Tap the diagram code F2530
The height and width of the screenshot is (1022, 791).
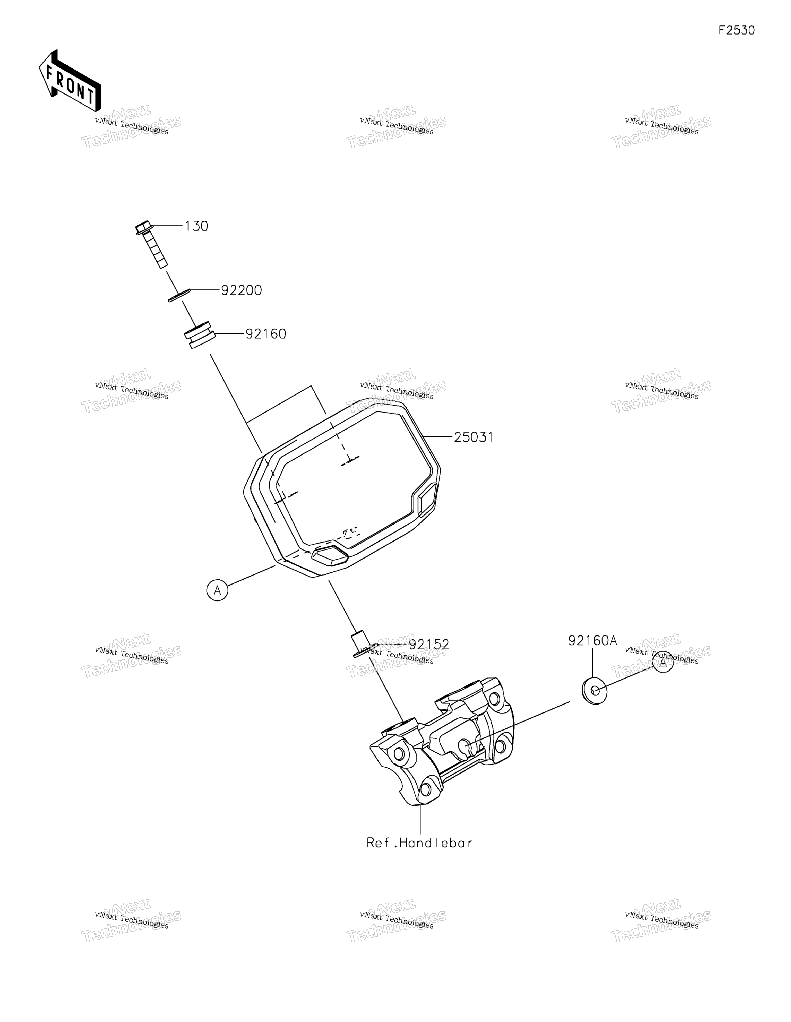point(737,30)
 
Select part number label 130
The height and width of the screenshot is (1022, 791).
point(196,226)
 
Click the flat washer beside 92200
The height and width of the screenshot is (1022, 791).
point(179,295)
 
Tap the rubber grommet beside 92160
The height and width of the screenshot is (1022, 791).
point(199,334)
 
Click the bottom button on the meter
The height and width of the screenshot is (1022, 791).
point(330,555)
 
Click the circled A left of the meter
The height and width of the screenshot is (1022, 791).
point(217,590)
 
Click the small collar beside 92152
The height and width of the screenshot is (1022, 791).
point(361,644)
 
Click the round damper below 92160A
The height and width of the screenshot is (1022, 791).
point(595,690)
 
